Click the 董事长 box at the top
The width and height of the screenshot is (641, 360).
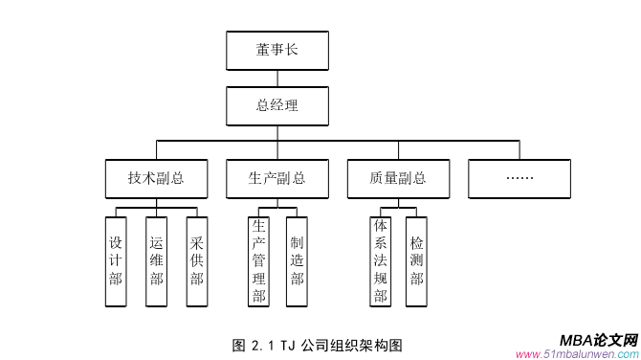tap(277, 51)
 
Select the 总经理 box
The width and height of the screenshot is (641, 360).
tap(277, 105)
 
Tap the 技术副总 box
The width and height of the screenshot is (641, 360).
tap(156, 177)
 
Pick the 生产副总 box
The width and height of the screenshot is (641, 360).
tap(277, 177)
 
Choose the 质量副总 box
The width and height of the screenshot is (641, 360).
tap(398, 177)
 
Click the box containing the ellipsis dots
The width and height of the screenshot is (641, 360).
tap(519, 177)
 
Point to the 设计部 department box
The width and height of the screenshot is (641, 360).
tap(116, 261)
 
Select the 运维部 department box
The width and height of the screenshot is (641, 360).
tap(156, 261)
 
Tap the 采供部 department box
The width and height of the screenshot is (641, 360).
tap(197, 261)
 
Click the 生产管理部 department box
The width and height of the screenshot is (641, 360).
tap(258, 261)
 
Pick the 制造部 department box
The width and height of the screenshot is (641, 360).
tap(298, 261)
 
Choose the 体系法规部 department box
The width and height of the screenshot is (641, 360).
tap(381, 261)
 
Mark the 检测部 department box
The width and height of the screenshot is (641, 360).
tap(416, 261)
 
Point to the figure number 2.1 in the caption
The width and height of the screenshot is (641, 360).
tap(264, 346)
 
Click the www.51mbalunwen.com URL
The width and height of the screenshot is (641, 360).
tap(568, 353)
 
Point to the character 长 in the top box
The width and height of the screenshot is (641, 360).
tap(292, 51)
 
